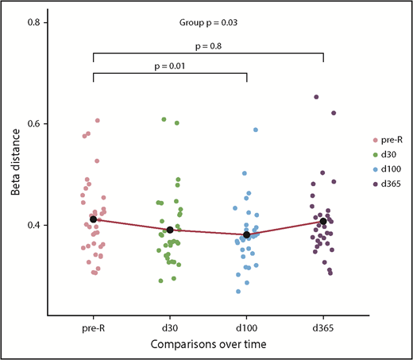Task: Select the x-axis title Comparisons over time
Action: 208,342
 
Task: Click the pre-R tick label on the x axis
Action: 94,325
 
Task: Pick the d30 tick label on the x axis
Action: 170,325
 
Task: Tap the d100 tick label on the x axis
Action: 247,325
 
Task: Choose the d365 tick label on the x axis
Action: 323,325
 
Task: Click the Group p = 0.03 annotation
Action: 208,24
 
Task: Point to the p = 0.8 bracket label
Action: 208,46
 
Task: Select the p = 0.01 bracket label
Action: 170,67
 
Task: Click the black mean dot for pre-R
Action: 94,219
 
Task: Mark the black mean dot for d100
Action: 247,234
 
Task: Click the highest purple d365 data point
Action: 316,97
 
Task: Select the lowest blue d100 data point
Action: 238,292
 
